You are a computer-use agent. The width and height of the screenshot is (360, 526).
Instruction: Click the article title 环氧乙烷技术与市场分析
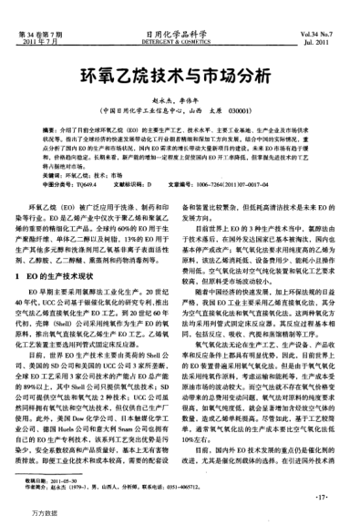[180, 76]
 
